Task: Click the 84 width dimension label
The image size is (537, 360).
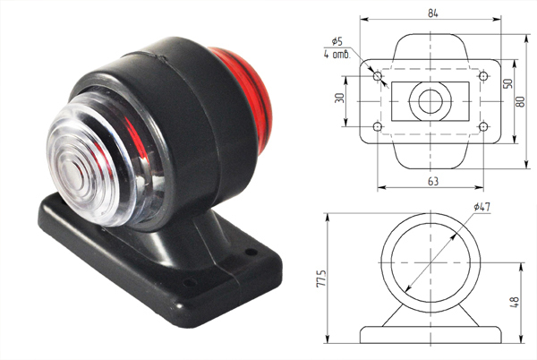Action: tap(433, 13)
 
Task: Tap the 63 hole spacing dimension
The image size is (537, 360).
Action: tap(433, 181)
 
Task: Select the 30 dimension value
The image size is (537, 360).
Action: tap(339, 99)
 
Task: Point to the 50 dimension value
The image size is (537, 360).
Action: tap(507, 83)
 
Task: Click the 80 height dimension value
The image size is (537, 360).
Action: tap(520, 102)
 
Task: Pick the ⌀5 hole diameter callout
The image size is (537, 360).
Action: tap(337, 41)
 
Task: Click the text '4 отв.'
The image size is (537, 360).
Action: tap(337, 54)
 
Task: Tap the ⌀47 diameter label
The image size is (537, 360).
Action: tap(482, 207)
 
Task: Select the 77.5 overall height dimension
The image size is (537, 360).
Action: tap(321, 279)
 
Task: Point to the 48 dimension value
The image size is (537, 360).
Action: tap(514, 302)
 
